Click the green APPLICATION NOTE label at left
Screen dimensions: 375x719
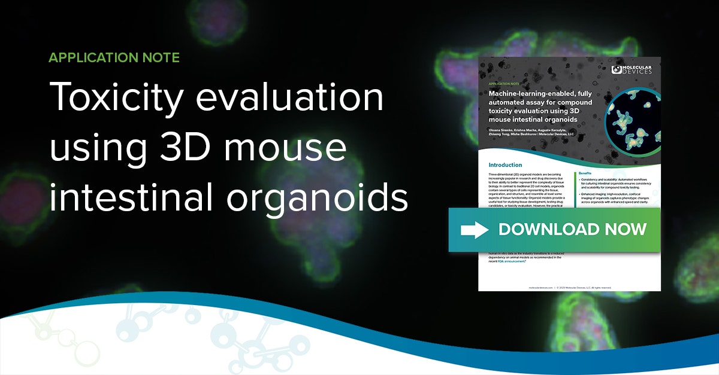click(x=114, y=58)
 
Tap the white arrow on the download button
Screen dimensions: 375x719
click(x=474, y=230)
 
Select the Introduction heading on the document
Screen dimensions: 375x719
click(x=505, y=164)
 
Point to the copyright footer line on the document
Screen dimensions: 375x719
click(x=569, y=288)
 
